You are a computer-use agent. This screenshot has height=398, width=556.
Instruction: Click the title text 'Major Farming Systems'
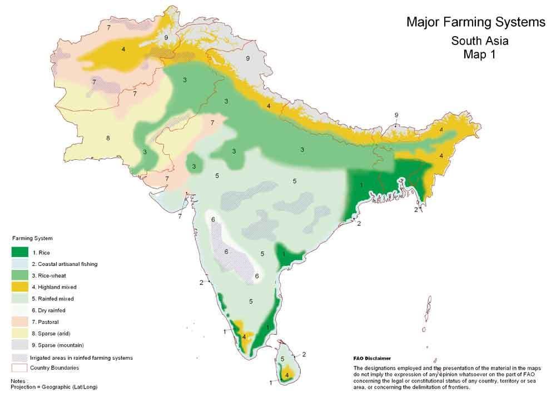click(476, 23)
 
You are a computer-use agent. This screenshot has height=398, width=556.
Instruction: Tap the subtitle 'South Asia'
click(479, 41)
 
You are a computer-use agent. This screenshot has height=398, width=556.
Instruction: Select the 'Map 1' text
click(479, 54)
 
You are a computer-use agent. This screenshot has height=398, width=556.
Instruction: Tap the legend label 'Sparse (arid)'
click(51, 334)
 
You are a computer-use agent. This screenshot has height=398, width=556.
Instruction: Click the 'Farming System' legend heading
click(32, 239)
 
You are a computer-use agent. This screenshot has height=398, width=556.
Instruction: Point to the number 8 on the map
click(108, 138)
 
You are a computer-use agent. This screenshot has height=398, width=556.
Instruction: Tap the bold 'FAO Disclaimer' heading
click(372, 359)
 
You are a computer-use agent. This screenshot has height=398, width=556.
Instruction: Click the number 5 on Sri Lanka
click(282, 359)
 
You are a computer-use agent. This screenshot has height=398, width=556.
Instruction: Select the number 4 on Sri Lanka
click(287, 375)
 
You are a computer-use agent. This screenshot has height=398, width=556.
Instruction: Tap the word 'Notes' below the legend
click(18, 381)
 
